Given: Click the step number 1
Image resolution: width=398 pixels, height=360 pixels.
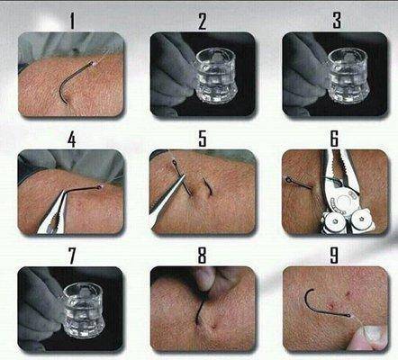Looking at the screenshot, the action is click(x=72, y=21).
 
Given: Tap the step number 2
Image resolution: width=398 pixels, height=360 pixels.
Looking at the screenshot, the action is click(x=203, y=22).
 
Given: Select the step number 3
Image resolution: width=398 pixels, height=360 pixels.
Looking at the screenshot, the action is click(x=337, y=21).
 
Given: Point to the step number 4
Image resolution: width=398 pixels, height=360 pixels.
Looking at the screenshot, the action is click(x=71, y=139).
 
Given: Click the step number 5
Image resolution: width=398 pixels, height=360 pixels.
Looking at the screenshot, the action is click(x=203, y=139).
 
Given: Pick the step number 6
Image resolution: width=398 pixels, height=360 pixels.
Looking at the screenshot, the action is click(x=334, y=139).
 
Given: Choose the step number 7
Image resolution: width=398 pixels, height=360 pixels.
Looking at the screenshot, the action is click(x=72, y=256).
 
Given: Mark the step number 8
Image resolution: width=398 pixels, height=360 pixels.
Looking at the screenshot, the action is click(x=202, y=255).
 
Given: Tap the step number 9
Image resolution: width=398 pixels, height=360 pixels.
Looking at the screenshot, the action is click(x=334, y=255).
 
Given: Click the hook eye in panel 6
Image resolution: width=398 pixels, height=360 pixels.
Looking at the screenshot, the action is click(x=288, y=180).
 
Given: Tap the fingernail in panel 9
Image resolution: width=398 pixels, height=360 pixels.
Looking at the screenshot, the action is click(x=372, y=332).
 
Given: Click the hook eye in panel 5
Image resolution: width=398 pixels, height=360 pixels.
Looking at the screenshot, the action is click(x=175, y=163).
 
